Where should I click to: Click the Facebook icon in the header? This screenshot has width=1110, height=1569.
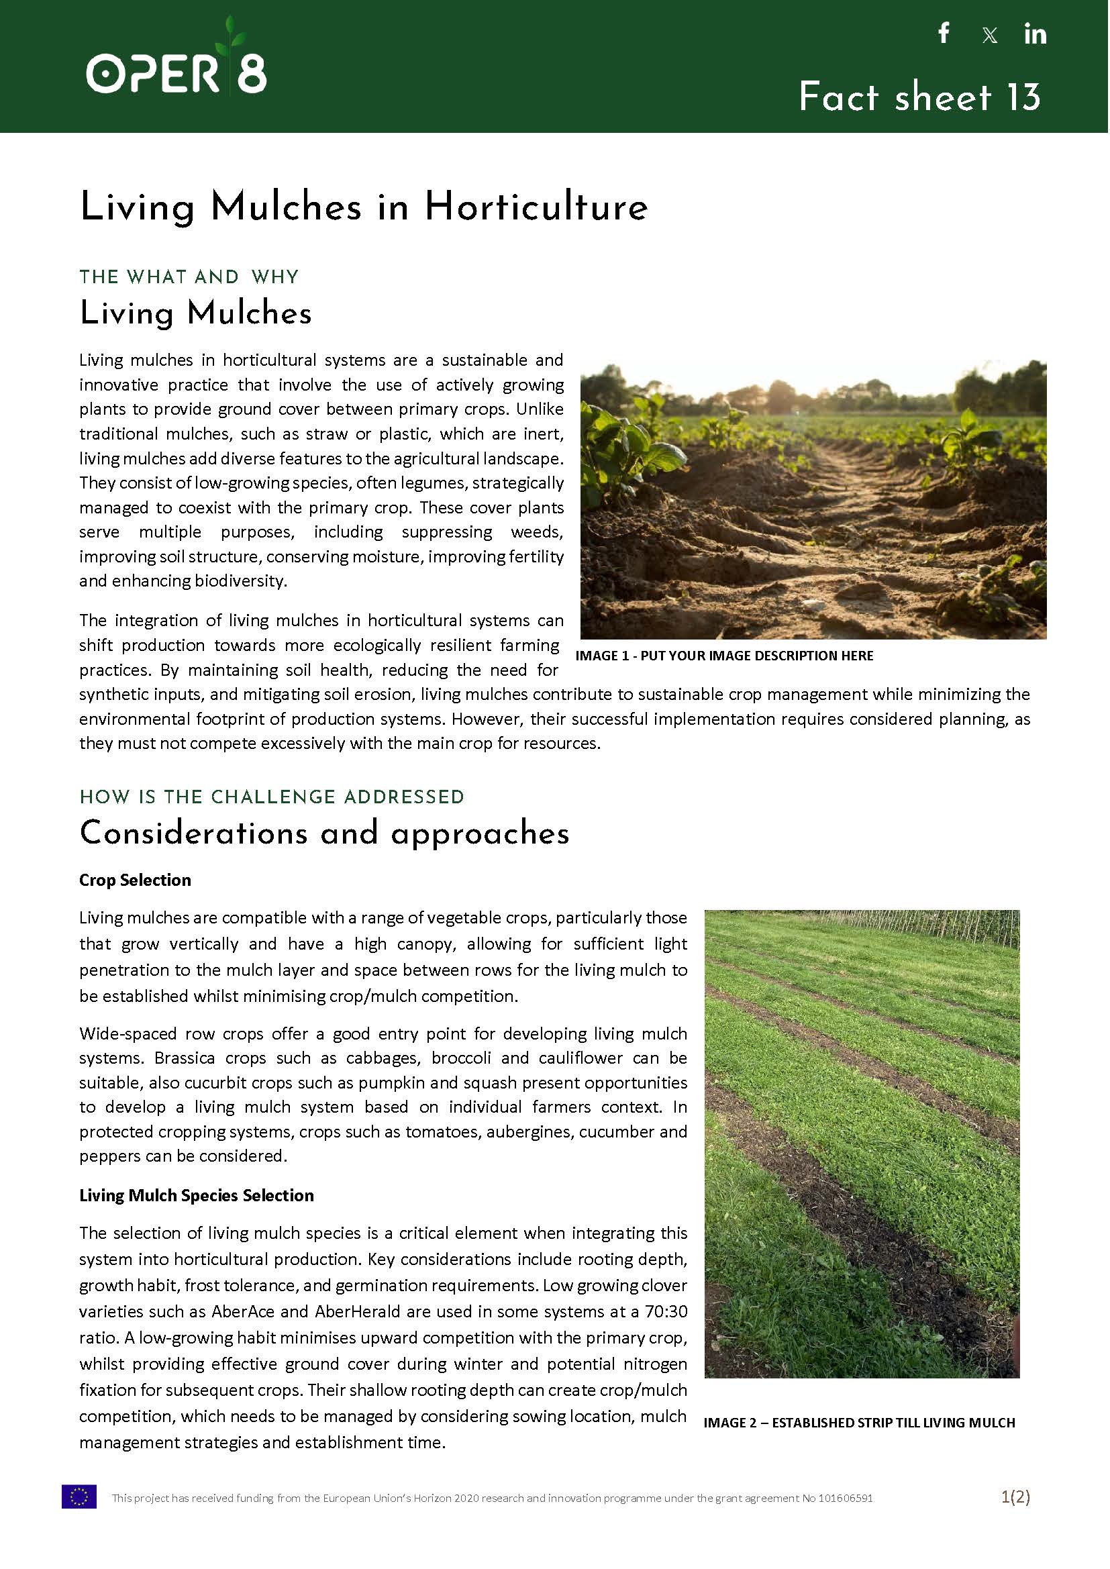(944, 33)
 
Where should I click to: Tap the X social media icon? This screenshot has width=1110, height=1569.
(989, 36)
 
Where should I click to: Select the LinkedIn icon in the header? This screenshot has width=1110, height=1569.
(1035, 34)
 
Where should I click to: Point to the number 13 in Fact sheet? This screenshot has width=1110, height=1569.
(1023, 97)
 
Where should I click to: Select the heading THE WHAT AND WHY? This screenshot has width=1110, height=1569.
(189, 276)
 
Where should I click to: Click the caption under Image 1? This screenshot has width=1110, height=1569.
(724, 656)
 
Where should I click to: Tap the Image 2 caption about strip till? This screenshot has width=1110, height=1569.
(858, 1423)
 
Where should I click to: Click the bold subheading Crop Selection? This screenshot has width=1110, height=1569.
(135, 880)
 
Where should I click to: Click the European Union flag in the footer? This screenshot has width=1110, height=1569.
(79, 1497)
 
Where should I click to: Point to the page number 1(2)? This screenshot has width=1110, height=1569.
(1015, 1497)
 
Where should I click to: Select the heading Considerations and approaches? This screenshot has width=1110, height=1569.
(324, 833)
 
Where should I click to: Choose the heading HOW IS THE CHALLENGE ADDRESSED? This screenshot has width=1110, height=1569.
(271, 797)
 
